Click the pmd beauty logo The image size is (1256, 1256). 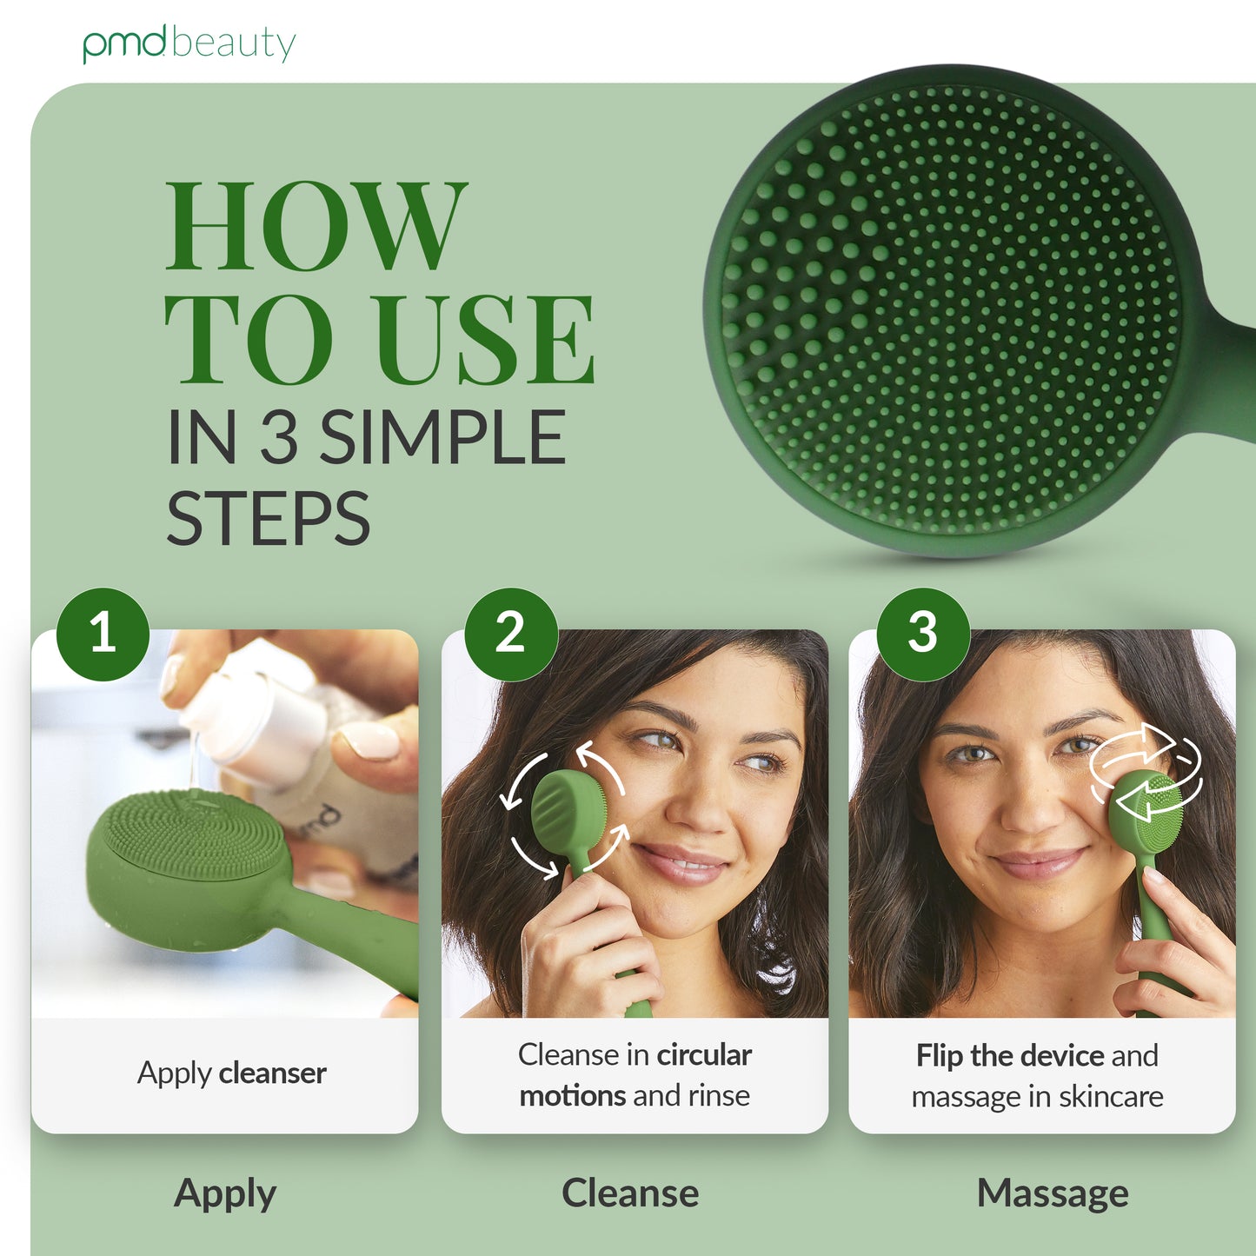[x=189, y=44]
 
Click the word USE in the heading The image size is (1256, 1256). [x=486, y=339]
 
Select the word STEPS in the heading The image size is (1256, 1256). [x=269, y=517]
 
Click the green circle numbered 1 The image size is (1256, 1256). [x=103, y=635]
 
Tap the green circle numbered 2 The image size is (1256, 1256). [x=511, y=635]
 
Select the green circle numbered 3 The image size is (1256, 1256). [x=923, y=635]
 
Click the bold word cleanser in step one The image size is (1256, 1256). [x=272, y=1073]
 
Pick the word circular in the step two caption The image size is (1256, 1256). [x=705, y=1055]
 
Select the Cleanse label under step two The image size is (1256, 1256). [x=630, y=1193]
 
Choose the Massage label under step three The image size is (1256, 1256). [x=1053, y=1194]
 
